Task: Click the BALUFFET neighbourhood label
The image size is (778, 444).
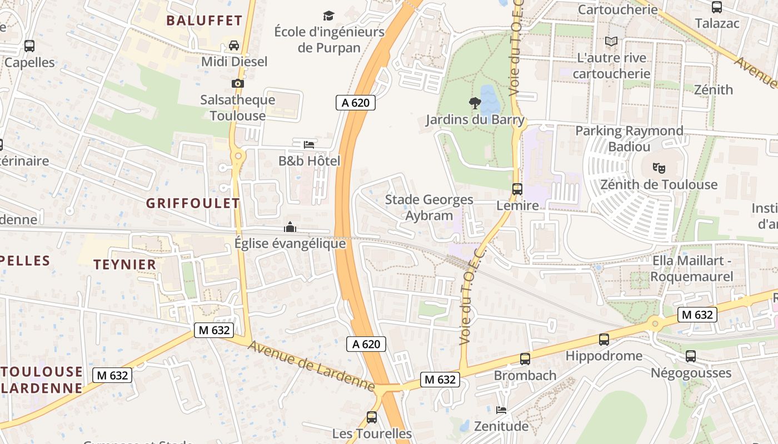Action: (204, 21)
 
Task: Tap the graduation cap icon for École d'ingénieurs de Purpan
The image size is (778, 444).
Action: (329, 16)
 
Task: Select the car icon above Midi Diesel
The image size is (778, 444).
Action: (234, 46)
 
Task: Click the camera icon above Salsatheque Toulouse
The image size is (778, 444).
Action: (238, 84)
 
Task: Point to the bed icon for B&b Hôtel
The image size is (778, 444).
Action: (309, 145)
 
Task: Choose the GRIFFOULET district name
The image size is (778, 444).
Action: (193, 203)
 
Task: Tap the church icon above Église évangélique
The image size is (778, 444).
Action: (290, 227)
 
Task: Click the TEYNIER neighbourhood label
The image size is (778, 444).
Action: (125, 265)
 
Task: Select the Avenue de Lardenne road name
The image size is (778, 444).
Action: (311, 366)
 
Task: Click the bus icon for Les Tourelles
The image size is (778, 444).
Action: (372, 417)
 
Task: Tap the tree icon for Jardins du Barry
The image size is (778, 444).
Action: (475, 103)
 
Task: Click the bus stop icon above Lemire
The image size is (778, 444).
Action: (517, 189)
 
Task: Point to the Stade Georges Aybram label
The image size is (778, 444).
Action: (429, 207)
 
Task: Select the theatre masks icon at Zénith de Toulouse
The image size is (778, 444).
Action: (659, 167)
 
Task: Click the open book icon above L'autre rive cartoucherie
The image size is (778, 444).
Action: (611, 42)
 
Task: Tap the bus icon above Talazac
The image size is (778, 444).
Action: (717, 7)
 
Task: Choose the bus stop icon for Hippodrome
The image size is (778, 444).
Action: (604, 340)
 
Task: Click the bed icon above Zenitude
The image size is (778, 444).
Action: (501, 410)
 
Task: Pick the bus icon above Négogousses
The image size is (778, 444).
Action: (691, 356)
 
